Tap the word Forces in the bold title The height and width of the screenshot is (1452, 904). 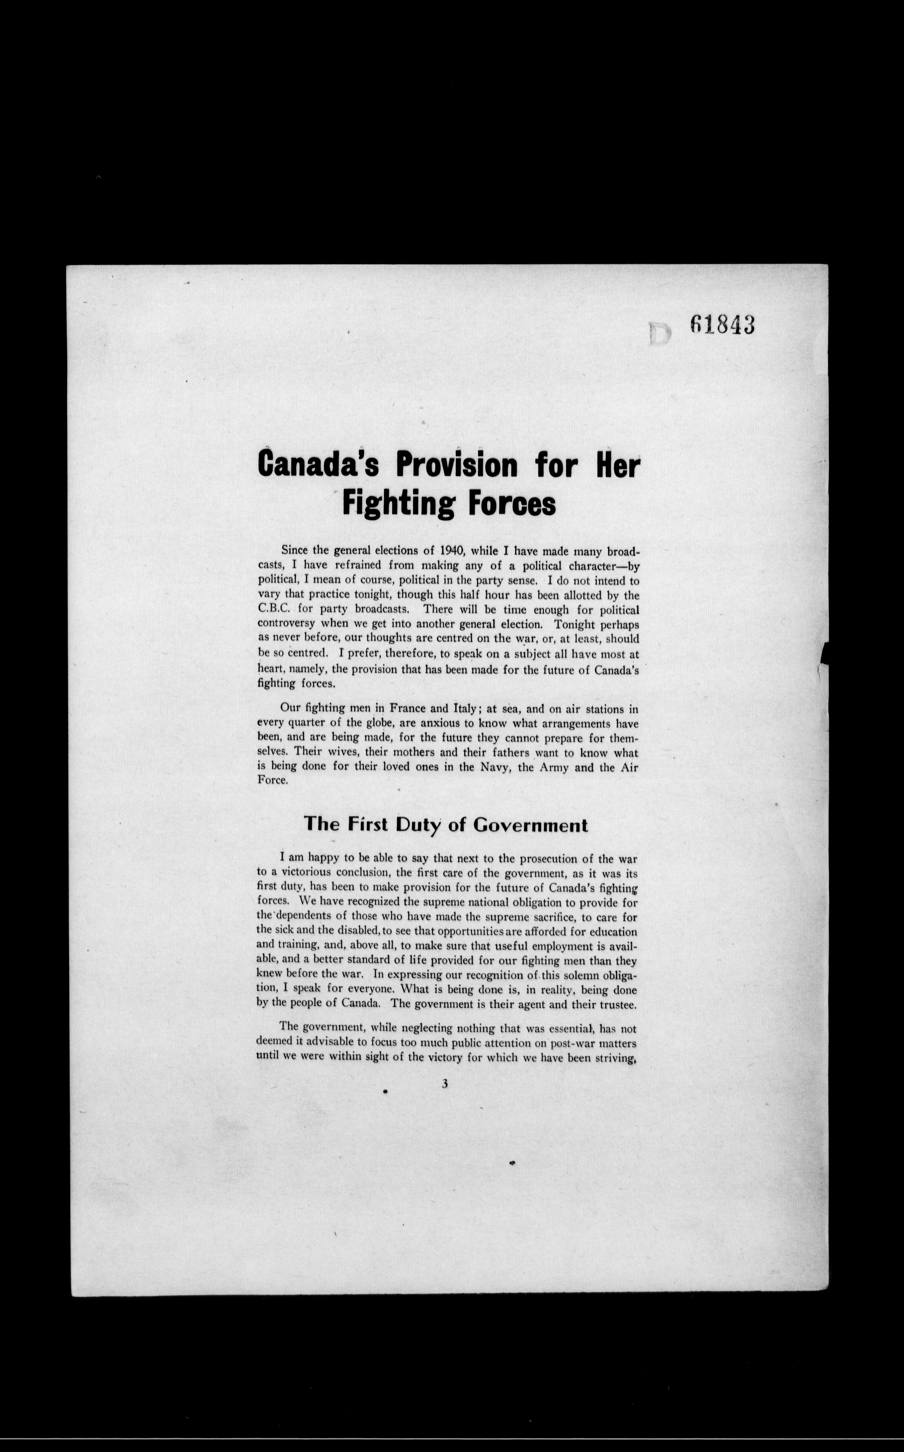(511, 504)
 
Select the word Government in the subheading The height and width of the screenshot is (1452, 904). (530, 825)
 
